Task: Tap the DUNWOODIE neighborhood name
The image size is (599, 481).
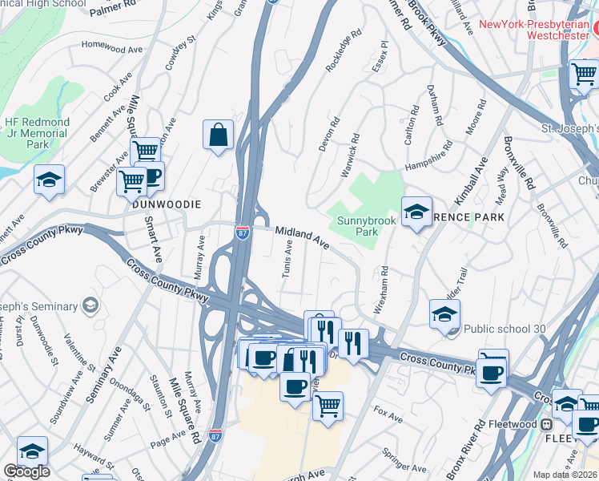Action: point(167,204)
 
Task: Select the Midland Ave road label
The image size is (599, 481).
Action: point(303,236)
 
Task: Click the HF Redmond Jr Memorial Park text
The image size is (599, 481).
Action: point(37,133)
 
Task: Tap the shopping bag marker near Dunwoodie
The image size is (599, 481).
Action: point(218,136)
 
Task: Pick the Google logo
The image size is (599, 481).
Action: point(26,471)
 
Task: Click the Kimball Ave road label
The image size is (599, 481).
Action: point(472,180)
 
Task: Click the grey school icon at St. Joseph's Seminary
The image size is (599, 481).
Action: point(90,305)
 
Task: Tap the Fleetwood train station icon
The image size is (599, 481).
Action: point(547,423)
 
